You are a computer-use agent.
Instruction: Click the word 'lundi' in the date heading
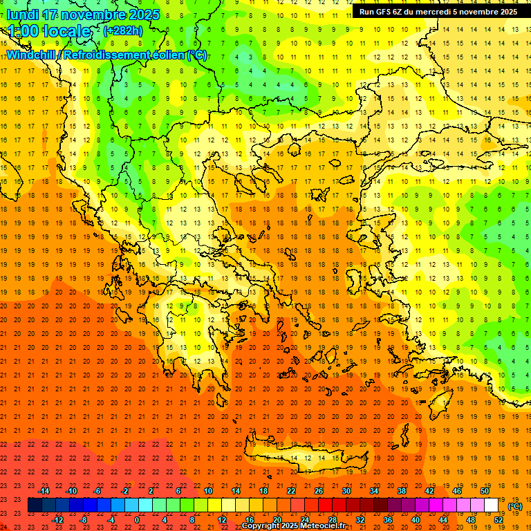(22, 15)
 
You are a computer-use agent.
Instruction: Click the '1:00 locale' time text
(49, 31)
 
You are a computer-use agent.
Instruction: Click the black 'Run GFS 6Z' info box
(438, 12)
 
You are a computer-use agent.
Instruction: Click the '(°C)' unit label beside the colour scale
(515, 506)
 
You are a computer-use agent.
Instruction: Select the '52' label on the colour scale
(499, 520)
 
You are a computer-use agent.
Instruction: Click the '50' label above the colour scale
(485, 491)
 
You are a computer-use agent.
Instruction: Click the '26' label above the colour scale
(319, 491)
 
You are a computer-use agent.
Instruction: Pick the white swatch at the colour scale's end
(492, 505)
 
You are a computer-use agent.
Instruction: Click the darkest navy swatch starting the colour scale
(35, 505)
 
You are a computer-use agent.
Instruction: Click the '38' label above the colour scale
(402, 491)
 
